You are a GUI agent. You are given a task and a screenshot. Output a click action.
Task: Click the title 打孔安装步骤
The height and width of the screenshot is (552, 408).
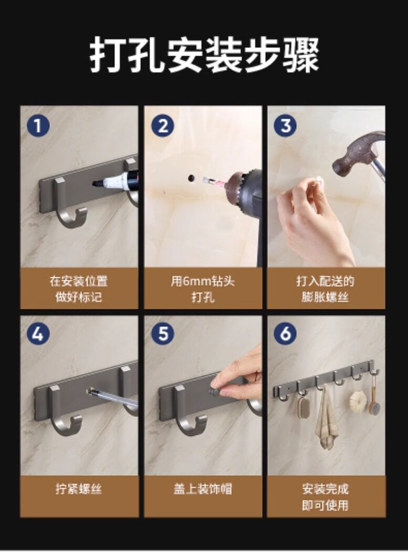coord(204,55)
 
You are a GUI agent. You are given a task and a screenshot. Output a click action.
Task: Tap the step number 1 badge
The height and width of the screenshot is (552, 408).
coord(38,126)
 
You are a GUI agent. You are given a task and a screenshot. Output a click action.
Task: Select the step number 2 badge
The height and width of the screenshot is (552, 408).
coord(163,126)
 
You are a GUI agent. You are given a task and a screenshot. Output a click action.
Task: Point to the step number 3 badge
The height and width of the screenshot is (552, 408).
coord(285,126)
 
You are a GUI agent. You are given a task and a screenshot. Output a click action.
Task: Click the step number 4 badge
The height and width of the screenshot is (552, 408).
coord(38,334)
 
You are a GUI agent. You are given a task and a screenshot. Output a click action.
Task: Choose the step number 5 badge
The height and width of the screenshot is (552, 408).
coord(163,334)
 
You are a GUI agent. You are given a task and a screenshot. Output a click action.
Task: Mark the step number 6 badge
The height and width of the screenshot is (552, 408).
coord(285,334)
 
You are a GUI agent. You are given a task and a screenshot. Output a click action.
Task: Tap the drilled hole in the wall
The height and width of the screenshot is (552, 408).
coord(192,178)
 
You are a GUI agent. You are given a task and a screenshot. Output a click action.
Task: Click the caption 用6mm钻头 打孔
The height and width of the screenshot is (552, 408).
coord(203,289)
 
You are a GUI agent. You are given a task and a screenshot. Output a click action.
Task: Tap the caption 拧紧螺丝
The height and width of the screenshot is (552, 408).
coord(79,488)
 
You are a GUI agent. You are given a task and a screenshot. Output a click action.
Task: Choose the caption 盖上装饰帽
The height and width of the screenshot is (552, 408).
coord(203,488)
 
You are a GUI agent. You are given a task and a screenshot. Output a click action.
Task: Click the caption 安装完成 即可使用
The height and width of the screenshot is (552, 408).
coord(325,497)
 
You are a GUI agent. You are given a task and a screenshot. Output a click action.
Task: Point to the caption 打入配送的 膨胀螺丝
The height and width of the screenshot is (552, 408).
coord(325,289)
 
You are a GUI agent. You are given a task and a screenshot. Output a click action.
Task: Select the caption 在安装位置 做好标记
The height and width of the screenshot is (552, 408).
coord(79,289)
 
